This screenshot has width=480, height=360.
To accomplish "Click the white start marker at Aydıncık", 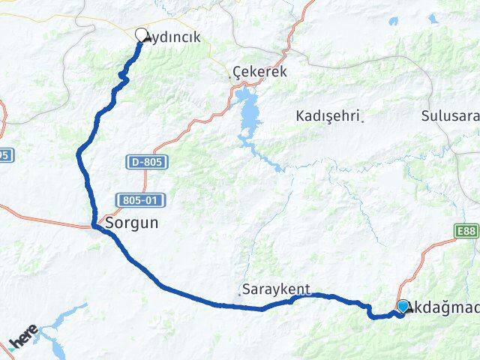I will pos(142,34).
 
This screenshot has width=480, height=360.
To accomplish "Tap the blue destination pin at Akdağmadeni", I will pos(403,307).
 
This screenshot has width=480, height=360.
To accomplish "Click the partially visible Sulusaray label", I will pos(449,116).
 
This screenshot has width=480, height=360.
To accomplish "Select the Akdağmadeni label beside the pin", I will pos(442,308).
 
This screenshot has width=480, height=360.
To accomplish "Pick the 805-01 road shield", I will pos(141,199).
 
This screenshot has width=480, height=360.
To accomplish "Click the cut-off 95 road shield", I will pos(4,155).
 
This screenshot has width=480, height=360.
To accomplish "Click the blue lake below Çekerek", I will pos(247,112).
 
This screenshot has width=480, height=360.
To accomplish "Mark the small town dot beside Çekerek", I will pos(230,76).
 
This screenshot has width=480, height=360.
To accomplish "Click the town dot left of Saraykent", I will pos(240,293).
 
